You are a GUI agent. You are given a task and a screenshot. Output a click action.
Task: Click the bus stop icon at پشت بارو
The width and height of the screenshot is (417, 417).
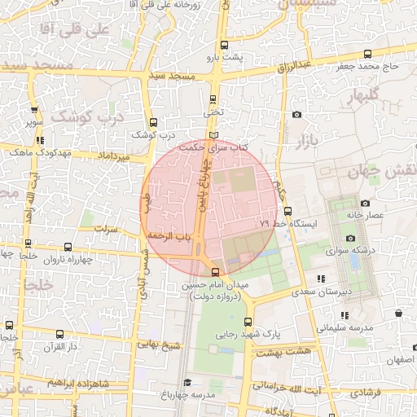click(224, 46)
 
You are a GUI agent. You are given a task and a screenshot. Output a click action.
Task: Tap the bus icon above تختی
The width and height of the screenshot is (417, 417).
click(213, 99)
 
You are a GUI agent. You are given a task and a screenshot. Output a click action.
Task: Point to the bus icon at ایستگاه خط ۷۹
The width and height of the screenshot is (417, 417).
click(288, 212)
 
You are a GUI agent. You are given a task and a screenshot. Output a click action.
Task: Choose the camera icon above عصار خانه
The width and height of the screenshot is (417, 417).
click(365, 203)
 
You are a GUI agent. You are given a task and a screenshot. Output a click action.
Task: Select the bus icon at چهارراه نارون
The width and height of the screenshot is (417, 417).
click(67, 248)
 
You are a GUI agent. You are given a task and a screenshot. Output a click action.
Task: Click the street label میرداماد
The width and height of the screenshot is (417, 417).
click(113, 155)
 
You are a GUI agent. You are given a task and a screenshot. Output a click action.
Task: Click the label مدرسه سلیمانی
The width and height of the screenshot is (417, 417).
click(344, 327)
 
